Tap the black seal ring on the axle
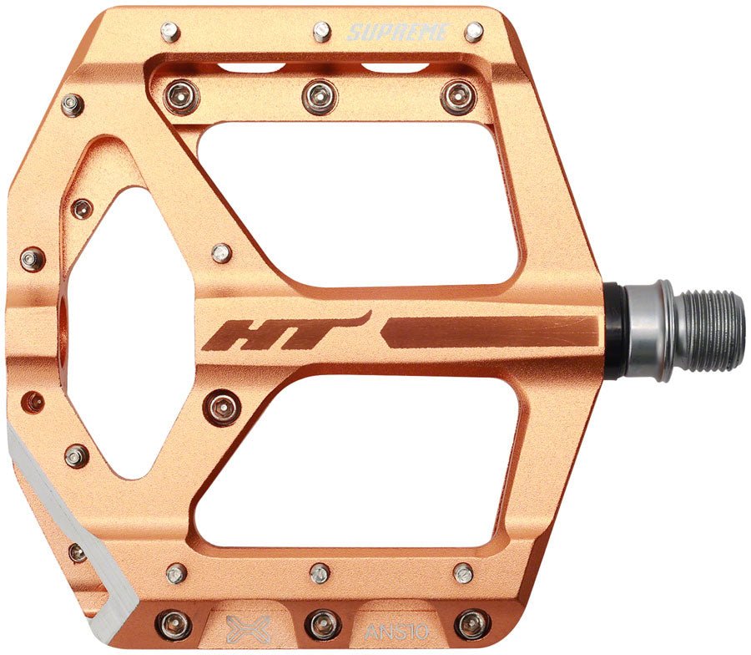click(613, 329)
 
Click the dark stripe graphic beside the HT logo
click(492, 332)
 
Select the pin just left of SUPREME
click(322, 32)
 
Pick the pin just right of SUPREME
click(474, 33)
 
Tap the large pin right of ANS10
click(472, 623)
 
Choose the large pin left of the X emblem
click(174, 623)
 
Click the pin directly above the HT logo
click(220, 252)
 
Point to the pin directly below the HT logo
click(223, 408)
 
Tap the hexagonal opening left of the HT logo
click(125, 334)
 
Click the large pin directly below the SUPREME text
click(457, 97)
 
